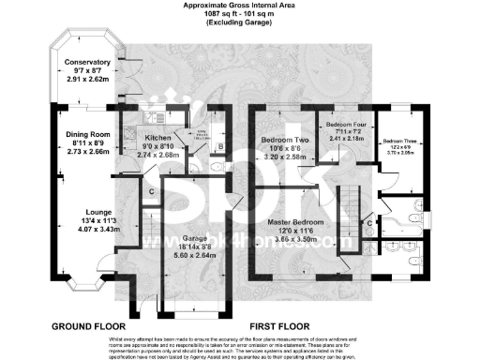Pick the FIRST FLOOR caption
(279, 325)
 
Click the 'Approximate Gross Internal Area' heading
(239, 6)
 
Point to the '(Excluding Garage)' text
(239, 26)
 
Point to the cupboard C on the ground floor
(152, 192)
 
